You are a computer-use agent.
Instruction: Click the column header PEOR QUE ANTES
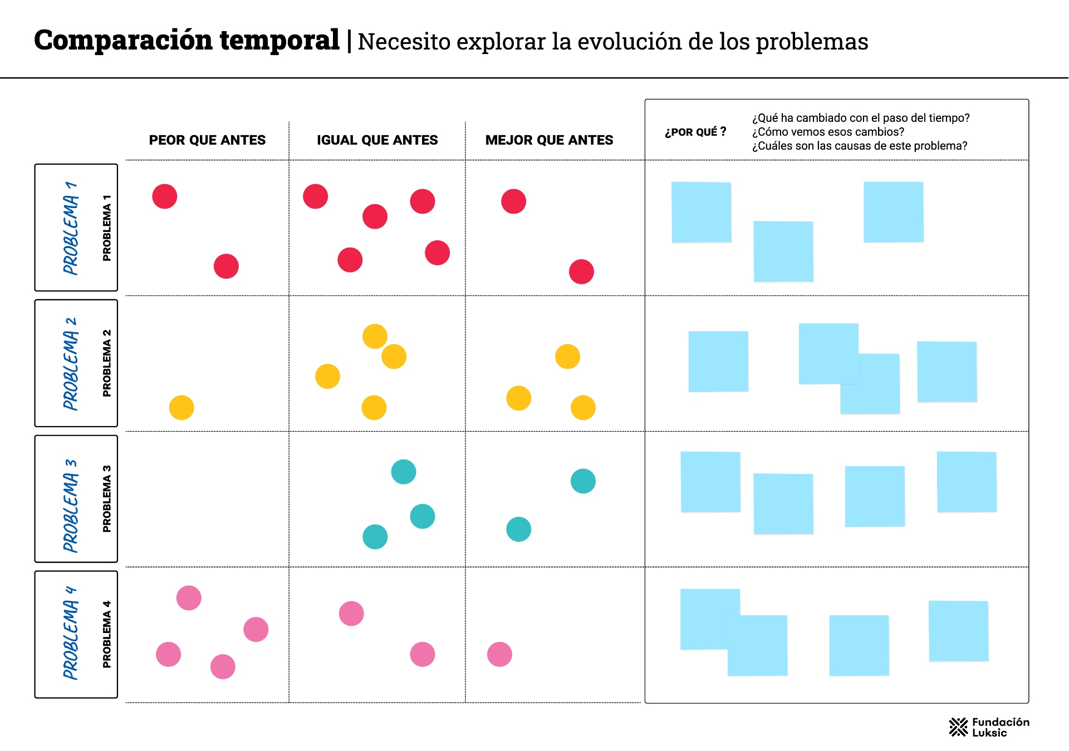click(207, 140)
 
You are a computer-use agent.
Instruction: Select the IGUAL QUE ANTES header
click(377, 140)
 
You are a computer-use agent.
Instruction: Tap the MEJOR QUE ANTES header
click(549, 140)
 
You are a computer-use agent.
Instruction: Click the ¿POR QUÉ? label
click(695, 132)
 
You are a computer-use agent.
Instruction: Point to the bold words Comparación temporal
click(187, 40)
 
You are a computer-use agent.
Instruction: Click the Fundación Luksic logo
click(989, 727)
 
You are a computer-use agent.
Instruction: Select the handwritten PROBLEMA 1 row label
click(71, 228)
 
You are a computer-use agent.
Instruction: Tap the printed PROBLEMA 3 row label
click(106, 499)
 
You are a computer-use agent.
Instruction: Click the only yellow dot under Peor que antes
click(182, 408)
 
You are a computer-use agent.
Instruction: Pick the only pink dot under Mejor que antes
click(499, 654)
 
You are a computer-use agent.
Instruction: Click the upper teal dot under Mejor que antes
click(583, 481)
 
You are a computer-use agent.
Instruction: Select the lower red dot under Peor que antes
click(226, 266)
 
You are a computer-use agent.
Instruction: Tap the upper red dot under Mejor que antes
click(513, 201)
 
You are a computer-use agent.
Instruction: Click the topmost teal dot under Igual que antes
click(404, 472)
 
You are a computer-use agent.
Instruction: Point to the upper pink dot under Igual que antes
click(351, 614)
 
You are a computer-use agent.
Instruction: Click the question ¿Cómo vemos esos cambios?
click(828, 132)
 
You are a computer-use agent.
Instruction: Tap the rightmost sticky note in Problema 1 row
click(893, 212)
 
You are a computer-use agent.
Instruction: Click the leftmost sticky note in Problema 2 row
click(718, 362)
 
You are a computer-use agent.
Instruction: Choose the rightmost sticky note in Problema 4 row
click(958, 631)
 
